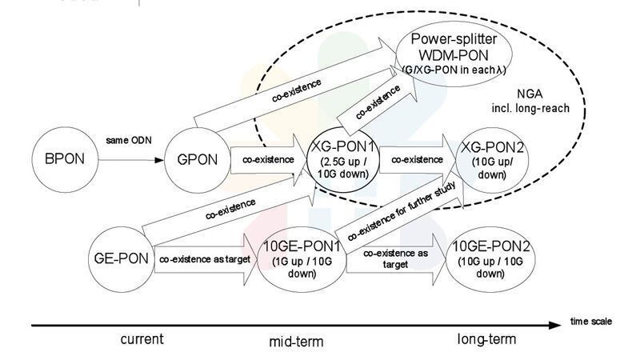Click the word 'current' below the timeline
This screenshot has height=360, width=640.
(142, 339)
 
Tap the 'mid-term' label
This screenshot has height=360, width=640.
(296, 342)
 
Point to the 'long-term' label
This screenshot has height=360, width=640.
(486, 340)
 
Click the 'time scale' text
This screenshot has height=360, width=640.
(590, 322)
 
